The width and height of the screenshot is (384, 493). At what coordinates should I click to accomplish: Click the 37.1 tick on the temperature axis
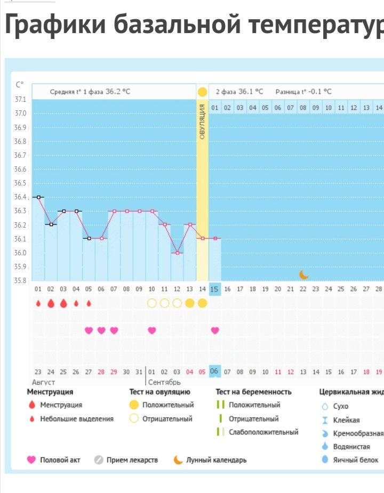coord(20,100)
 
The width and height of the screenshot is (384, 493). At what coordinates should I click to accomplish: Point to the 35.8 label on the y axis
coord(20,280)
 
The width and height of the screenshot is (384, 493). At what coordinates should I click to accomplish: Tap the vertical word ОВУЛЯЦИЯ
coord(203,122)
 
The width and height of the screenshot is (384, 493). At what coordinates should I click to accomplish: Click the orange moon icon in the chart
coord(303,274)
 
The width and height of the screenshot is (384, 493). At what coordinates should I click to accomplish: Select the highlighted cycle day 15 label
coord(215,289)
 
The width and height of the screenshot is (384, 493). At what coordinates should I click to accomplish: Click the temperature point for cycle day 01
coord(38,197)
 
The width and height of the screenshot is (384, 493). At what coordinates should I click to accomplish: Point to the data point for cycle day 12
coord(177,253)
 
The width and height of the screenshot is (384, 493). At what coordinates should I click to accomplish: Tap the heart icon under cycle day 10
coord(152,330)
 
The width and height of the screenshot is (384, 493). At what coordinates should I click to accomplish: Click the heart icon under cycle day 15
coord(215,330)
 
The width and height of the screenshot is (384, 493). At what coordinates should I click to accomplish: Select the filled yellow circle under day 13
coord(190,303)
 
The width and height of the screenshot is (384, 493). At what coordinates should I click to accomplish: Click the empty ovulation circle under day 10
coord(152,303)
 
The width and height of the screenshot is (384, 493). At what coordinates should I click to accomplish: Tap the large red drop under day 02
coord(51,303)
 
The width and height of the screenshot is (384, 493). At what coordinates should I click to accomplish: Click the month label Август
coord(44,382)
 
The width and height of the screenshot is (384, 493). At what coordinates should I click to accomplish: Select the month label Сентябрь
coord(164,382)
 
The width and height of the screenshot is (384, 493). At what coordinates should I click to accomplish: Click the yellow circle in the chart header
coord(202,92)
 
